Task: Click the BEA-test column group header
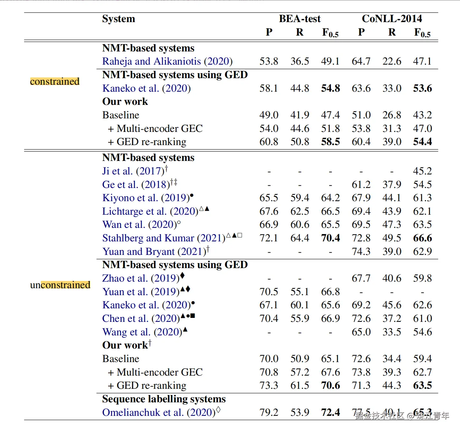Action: pyautogui.click(x=299, y=19)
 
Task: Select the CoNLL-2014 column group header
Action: pyautogui.click(x=392, y=19)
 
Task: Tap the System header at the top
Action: pyautogui.click(x=118, y=19)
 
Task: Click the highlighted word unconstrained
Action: pyautogui.click(x=60, y=285)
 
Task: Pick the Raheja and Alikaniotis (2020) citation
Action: pyautogui.click(x=167, y=61)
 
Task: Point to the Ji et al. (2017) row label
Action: pyautogui.click(x=133, y=171)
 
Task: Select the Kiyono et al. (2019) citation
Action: pyautogui.click(x=146, y=198)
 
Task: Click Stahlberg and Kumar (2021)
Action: pyautogui.click(x=164, y=238)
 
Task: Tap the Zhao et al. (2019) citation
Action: pyautogui.click(x=141, y=278)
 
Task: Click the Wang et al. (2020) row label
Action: pyautogui.click(x=142, y=332)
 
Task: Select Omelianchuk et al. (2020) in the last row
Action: pyautogui.click(x=159, y=413)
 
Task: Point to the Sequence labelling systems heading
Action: pyautogui.click(x=164, y=399)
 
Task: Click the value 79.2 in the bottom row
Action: pyautogui.click(x=269, y=413)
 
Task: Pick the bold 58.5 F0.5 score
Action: pyautogui.click(x=330, y=142)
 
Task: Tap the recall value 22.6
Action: pyautogui.click(x=392, y=61)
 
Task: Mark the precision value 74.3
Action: pyautogui.click(x=361, y=252)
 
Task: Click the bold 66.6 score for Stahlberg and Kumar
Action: pyautogui.click(x=422, y=238)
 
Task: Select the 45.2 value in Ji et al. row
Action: pyautogui.click(x=422, y=171)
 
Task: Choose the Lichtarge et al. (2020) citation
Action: pyautogui.click(x=150, y=211)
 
